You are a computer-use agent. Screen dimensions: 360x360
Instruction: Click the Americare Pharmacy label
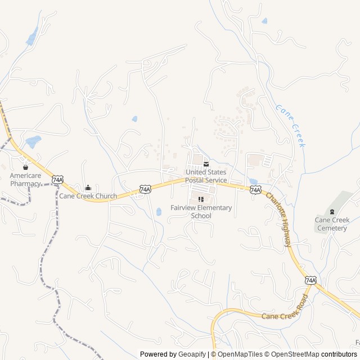(x=25, y=179)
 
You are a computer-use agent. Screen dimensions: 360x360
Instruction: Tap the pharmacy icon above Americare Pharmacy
(x=25, y=167)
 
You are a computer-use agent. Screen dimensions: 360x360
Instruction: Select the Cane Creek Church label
(x=88, y=196)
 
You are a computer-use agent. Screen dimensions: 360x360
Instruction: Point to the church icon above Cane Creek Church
(x=88, y=187)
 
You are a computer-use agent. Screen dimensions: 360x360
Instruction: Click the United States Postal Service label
(x=206, y=176)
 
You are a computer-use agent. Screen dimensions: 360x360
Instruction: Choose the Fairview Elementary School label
(x=201, y=211)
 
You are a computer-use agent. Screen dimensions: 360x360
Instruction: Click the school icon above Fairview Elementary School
(x=201, y=199)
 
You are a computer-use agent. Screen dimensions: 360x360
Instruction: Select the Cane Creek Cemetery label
(x=332, y=224)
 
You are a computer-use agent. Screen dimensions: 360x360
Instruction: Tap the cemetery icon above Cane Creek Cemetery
(x=332, y=211)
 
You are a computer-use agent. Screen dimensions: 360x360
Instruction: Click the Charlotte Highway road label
(x=279, y=219)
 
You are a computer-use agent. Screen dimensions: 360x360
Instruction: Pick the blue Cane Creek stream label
(x=291, y=125)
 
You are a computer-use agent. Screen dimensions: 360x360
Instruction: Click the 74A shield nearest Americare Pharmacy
(x=57, y=179)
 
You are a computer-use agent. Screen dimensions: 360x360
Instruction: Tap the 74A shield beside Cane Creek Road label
(x=310, y=280)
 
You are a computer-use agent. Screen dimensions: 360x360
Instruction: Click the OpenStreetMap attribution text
(x=292, y=354)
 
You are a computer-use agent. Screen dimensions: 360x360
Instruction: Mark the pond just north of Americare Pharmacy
(x=33, y=142)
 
